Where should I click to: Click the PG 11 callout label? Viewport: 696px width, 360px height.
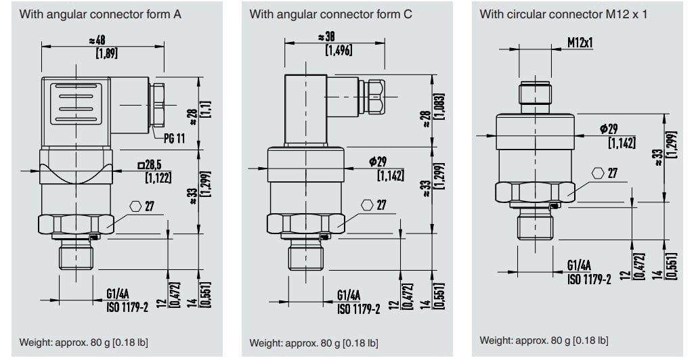pos(174,139)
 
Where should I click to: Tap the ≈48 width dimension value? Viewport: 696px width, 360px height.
pos(97,41)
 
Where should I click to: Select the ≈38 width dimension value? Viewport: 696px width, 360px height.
pos(326,37)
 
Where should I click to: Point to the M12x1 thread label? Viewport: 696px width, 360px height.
pos(580,43)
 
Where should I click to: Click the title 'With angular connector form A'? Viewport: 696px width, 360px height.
pos(100,14)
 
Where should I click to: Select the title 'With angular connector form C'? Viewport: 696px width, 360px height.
pos(330,14)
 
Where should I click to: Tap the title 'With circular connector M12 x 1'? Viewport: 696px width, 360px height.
pos(563,14)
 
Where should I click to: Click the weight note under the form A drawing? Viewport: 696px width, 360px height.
pos(83,342)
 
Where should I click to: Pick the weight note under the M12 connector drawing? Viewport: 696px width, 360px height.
pos(544,340)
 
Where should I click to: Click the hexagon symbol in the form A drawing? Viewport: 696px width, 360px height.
pos(135,206)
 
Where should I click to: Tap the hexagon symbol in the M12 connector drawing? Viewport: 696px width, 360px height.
pos(598,173)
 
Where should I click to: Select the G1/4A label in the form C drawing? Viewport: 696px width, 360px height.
pos(349,295)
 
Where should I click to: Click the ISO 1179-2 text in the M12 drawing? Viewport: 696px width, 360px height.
pos(589,279)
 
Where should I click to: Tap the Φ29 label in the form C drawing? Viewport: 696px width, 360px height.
pos(378,161)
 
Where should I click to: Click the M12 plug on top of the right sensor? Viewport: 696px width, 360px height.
pos(535,97)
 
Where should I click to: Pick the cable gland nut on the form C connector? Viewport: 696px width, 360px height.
pos(376,96)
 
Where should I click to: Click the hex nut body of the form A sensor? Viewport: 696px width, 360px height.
pos(76,224)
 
